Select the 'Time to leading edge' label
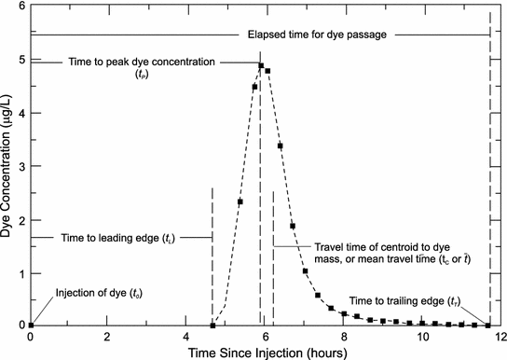116,238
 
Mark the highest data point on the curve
261,65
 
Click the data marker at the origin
31,325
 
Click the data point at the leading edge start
213,325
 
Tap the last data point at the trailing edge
487,325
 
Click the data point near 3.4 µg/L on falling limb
280,145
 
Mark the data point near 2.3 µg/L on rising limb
240,201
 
